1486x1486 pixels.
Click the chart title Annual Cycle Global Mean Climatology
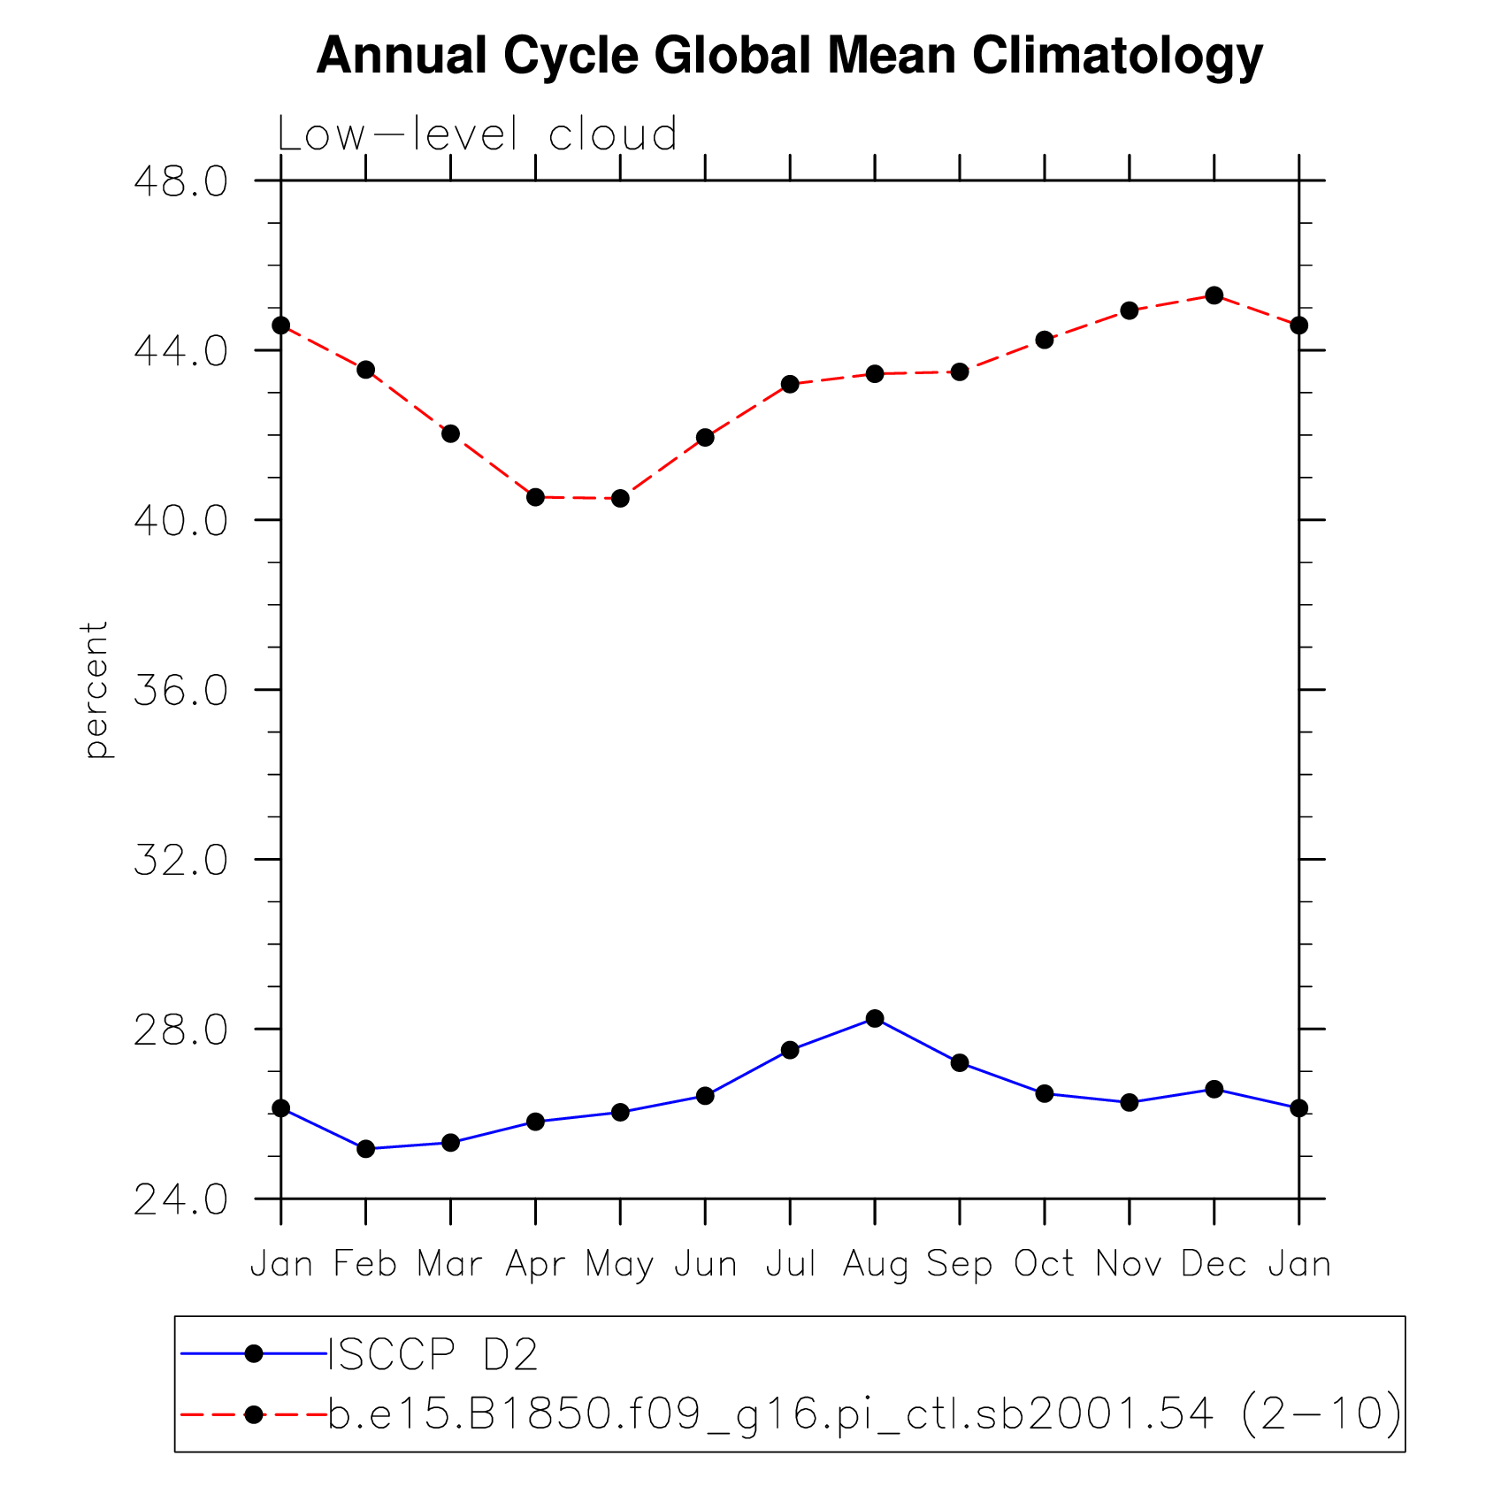789,56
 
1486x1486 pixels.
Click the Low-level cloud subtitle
478,134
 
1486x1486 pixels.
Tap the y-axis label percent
95,690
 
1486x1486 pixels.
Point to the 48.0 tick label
180,181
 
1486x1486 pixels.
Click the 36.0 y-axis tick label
180,691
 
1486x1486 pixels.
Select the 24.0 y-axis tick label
180,1200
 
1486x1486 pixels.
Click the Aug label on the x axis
875,1265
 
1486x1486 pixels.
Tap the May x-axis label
619,1265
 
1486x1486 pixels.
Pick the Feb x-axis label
365,1265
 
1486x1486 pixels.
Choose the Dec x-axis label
1214,1265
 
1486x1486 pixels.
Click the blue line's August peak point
875,1019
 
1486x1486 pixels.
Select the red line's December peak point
1214,295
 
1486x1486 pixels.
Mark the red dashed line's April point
535,497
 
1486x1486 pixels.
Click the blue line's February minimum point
365,1149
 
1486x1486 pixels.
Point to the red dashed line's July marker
790,384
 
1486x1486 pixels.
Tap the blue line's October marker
1045,1094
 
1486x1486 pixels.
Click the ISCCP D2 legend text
433,1354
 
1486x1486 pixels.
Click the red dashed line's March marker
450,433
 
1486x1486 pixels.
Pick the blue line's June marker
705,1096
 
